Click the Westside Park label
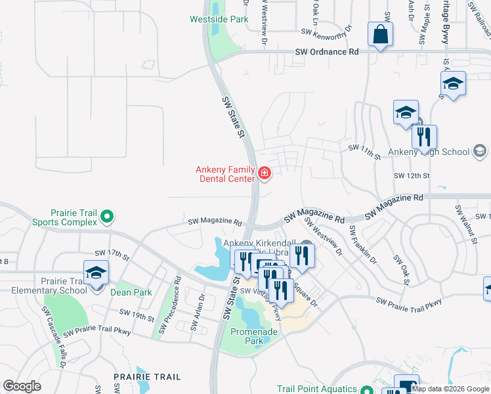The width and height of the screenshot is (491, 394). (219, 20)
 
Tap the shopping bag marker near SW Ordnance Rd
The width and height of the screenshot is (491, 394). (381, 35)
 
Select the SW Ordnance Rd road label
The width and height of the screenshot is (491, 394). (327, 51)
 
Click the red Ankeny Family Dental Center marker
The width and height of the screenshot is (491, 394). (265, 173)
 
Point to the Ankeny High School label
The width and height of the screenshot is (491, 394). (429, 152)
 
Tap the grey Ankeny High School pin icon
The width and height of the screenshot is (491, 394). (480, 152)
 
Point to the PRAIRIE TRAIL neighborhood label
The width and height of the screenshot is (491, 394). (142, 377)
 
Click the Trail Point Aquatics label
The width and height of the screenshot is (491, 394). (317, 389)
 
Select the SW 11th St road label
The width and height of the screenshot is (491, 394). (364, 152)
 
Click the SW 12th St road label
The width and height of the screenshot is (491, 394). (411, 176)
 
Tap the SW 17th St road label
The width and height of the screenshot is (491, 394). (111, 253)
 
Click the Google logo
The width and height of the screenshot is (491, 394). (22, 386)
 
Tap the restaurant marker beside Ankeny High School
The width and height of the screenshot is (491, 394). (424, 137)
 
